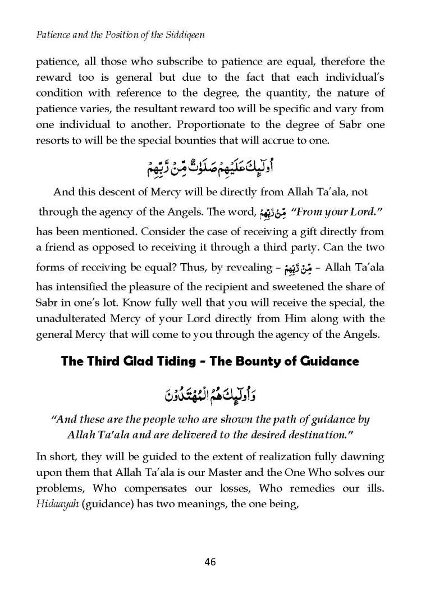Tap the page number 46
(x=210, y=562)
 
